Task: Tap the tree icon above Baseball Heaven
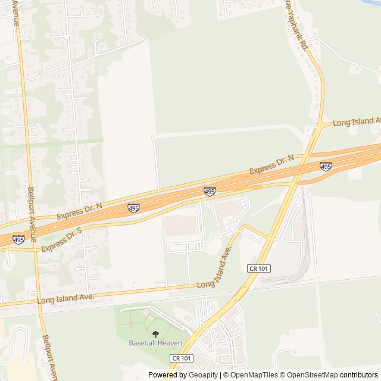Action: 155,335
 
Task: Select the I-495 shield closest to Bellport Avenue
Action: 18,240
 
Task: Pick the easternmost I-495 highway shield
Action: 326,167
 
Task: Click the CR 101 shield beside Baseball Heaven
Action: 182,358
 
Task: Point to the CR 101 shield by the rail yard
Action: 259,268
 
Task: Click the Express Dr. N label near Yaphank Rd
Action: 272,164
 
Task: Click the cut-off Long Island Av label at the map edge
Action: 357,122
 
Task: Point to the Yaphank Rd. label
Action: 295,24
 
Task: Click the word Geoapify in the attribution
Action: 204,375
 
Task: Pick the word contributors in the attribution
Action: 360,375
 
